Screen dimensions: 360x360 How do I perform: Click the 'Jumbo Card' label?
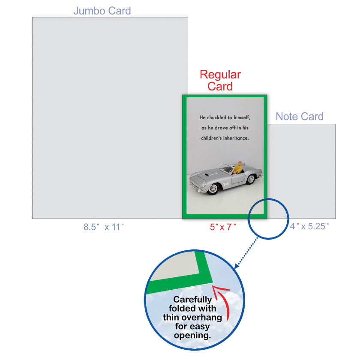pos(102,11)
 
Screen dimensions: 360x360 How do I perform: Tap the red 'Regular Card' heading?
pos(220,80)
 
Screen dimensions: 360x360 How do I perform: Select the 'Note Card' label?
pos(300,117)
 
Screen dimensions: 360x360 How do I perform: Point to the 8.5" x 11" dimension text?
pos(103,227)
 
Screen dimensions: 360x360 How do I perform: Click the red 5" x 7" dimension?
pos(223,227)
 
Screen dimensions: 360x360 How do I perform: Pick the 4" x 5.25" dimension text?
pos(310,227)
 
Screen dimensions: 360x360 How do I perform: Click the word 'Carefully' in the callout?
pos(192,300)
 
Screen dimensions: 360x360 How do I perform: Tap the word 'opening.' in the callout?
pos(192,335)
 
